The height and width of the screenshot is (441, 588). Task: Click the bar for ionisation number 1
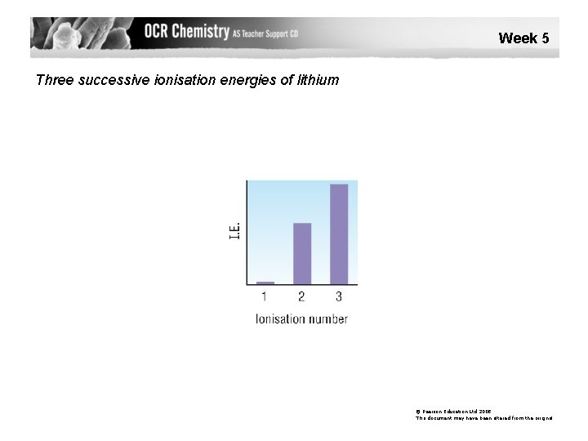pyautogui.click(x=265, y=283)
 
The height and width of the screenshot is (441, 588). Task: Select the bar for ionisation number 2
pyautogui.click(x=301, y=253)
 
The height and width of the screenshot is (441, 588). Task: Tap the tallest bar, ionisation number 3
pyautogui.click(x=338, y=234)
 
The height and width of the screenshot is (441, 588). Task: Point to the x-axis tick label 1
pyautogui.click(x=265, y=296)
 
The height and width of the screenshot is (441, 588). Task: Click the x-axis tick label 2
pyautogui.click(x=301, y=296)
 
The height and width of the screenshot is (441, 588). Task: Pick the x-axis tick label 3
pyautogui.click(x=338, y=296)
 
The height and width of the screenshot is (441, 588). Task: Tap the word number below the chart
pyautogui.click(x=329, y=318)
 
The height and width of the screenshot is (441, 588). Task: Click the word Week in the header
pyautogui.click(x=516, y=38)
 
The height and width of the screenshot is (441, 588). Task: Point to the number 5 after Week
pyautogui.click(x=545, y=38)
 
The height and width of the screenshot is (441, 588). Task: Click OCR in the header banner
pyautogui.click(x=162, y=32)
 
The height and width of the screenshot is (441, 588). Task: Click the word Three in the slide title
pyautogui.click(x=56, y=80)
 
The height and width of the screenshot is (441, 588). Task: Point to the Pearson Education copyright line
pyautogui.click(x=453, y=412)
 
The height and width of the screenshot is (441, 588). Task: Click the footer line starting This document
pyautogui.click(x=483, y=418)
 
